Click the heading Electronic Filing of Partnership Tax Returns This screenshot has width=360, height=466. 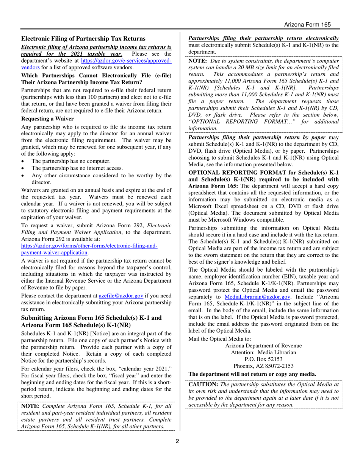pos(83,39)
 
